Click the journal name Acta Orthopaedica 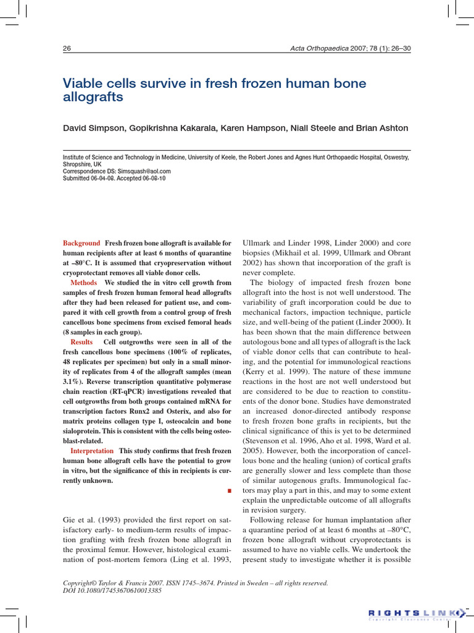pos(321,49)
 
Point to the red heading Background pos(81,244)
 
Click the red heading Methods pos(84,283)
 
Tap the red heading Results pos(82,342)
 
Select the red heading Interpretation pos(92,451)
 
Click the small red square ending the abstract pos(229,491)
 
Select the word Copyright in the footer pos(82,583)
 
